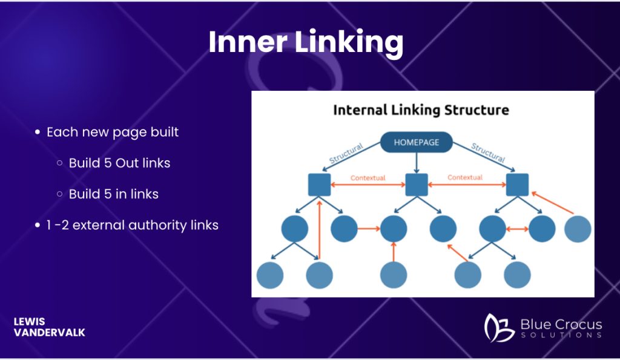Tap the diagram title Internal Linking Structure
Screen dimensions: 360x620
421,110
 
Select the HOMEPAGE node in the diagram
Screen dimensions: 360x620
416,143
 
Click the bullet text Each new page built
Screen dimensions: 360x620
113,132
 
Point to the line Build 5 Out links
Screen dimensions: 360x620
119,163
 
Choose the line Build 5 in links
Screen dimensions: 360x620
113,194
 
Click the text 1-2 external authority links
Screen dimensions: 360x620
132,226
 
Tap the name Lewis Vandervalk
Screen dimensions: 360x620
49,327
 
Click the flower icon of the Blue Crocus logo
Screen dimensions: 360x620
499,327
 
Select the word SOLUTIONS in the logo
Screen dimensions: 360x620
561,335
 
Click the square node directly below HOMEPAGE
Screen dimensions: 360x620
416,184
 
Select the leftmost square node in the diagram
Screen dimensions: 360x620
318,185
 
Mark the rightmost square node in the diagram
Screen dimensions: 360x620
518,184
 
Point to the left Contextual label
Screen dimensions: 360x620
368,178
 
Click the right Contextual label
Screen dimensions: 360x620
465,178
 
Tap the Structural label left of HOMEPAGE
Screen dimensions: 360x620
346,154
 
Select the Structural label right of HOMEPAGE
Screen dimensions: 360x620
487,152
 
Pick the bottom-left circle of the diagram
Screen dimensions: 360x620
270,275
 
